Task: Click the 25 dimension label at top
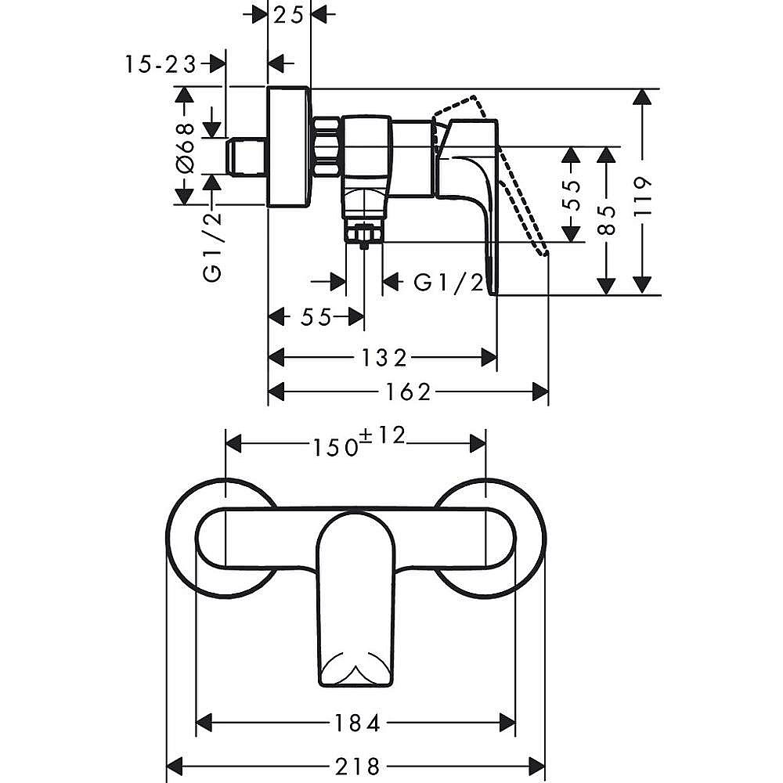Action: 289,15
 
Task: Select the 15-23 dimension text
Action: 161,64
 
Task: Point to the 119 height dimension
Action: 643,196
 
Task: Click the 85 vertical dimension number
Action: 607,220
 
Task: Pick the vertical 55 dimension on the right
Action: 572,195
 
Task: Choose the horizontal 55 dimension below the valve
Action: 316,316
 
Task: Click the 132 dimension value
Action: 381,358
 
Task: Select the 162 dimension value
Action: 407,392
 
